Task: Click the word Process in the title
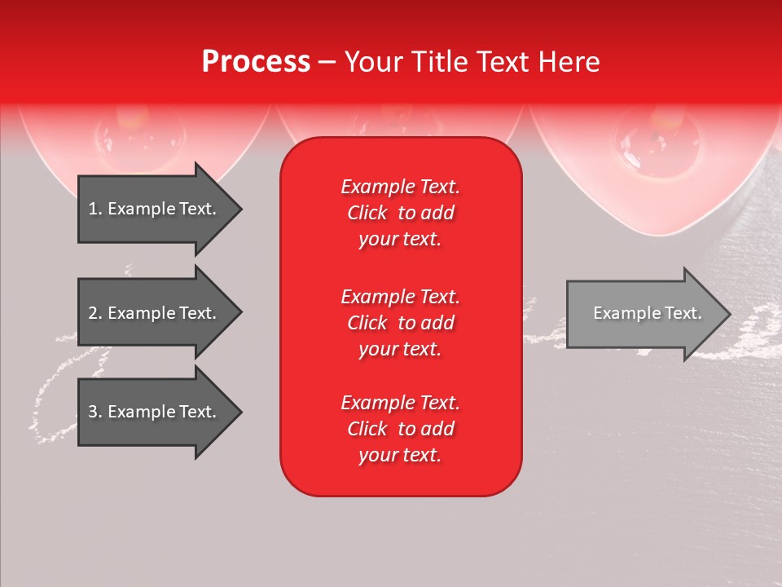(x=256, y=62)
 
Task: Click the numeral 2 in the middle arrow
(x=93, y=313)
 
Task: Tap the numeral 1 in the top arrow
(x=93, y=209)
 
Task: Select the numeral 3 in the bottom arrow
(x=93, y=413)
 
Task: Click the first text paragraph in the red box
(x=400, y=213)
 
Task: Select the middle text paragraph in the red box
(x=400, y=323)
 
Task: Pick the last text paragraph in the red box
(x=400, y=429)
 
